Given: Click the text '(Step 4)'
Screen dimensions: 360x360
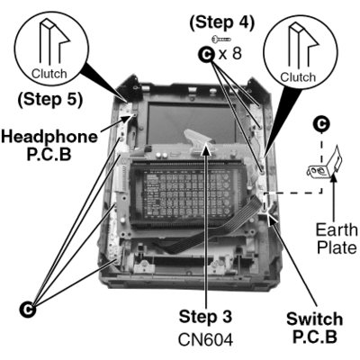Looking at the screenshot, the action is (x=221, y=22).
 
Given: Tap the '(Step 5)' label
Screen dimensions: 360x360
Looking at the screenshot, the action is (x=49, y=100).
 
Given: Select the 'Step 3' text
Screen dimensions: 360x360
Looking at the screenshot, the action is (x=205, y=317).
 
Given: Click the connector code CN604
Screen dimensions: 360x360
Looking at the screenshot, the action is (x=205, y=340).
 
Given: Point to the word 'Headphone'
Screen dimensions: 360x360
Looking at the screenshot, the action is (x=49, y=137).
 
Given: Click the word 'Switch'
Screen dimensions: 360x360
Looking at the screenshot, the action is (x=315, y=319).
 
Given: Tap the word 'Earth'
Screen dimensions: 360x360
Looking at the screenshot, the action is (x=337, y=230).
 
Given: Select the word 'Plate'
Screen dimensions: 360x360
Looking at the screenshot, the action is (x=337, y=247).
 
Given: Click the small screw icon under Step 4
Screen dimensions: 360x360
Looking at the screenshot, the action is (x=221, y=39).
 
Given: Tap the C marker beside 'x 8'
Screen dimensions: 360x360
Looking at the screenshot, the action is (x=206, y=55).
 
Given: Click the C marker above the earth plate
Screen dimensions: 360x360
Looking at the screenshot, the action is (x=321, y=123).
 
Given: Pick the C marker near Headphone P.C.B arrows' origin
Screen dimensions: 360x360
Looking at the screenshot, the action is (x=28, y=310).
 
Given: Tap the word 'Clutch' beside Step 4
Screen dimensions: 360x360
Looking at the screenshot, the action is (x=298, y=77).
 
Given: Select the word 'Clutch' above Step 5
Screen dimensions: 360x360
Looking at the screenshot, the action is (x=49, y=74).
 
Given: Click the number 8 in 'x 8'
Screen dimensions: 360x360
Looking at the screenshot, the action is (x=237, y=54).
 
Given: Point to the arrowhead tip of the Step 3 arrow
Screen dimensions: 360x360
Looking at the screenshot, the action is (x=206, y=143).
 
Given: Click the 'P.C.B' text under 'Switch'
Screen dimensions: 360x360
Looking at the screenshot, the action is (x=315, y=337).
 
